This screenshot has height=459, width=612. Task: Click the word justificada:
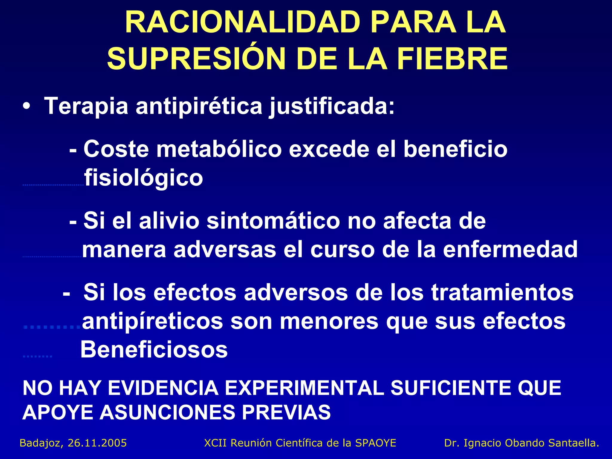[x=332, y=106]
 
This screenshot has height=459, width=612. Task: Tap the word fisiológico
[x=143, y=178]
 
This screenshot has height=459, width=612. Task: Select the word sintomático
[x=273, y=221]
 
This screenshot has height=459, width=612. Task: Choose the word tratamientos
[x=502, y=292]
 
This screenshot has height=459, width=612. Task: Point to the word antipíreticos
[x=152, y=321]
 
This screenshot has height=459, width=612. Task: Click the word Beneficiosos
[x=154, y=350]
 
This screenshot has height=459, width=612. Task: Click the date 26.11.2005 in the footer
[x=97, y=443]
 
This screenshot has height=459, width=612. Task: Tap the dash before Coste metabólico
[x=73, y=149]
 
